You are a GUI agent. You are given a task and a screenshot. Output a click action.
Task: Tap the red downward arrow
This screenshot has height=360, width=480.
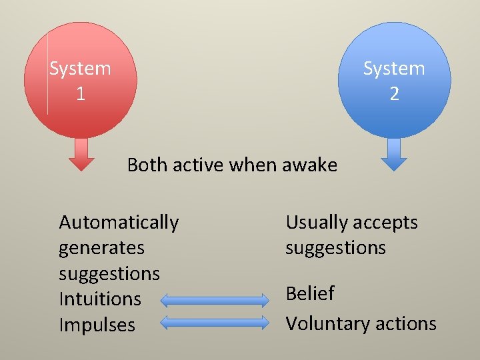click(x=81, y=154)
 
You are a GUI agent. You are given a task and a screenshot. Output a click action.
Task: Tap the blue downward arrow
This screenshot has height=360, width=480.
click(x=394, y=154)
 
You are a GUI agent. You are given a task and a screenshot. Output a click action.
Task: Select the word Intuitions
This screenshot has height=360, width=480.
click(x=100, y=299)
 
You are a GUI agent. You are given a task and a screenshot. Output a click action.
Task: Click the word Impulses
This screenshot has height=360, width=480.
click(x=97, y=325)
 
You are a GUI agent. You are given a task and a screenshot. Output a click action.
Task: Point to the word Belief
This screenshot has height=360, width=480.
click(x=310, y=293)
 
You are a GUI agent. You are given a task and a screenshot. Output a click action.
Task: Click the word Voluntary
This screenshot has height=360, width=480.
click(x=327, y=324)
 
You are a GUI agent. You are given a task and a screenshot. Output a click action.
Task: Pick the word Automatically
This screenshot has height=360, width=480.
click(x=119, y=222)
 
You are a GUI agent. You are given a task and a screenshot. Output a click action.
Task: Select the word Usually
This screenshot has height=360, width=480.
click(x=315, y=223)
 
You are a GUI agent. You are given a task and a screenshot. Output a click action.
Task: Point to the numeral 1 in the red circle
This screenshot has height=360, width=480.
click(x=80, y=94)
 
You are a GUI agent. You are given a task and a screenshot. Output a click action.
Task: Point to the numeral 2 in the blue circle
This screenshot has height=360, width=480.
click(x=394, y=94)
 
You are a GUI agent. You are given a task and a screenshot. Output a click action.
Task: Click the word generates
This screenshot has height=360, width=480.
click(x=101, y=248)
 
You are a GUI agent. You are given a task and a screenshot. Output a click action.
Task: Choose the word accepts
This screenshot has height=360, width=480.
click(x=387, y=223)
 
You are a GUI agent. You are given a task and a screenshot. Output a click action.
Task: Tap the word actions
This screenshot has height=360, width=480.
click(x=406, y=324)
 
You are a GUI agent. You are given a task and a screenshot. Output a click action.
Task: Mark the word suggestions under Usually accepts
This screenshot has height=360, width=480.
click(x=335, y=248)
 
